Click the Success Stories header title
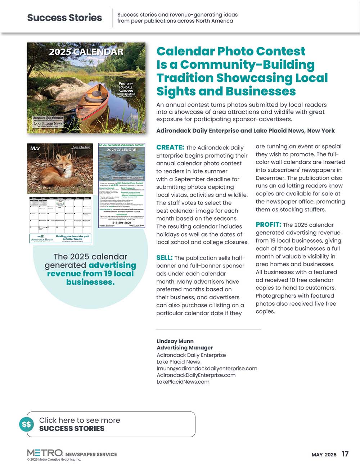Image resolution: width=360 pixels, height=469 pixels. [x=64, y=18]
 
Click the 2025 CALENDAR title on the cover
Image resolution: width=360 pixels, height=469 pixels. [x=86, y=52]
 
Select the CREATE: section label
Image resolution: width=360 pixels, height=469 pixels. [x=170, y=147]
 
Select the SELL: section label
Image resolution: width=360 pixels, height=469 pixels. [x=165, y=258]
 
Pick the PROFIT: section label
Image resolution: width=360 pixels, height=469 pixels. [x=268, y=225]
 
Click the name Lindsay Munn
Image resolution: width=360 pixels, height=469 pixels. [x=175, y=341]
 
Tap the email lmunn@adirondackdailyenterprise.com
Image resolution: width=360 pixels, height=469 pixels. [x=207, y=368]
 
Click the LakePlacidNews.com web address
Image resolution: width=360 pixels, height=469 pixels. [x=183, y=382]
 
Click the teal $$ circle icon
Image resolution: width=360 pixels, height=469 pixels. [x=26, y=424]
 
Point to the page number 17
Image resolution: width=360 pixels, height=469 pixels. [x=345, y=454]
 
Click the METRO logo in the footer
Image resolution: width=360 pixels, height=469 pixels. [x=45, y=453]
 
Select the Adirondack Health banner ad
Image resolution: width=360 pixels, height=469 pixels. [x=60, y=239]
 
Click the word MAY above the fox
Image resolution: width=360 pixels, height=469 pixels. [x=35, y=148]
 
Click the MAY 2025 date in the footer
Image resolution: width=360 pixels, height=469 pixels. [x=324, y=455]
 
